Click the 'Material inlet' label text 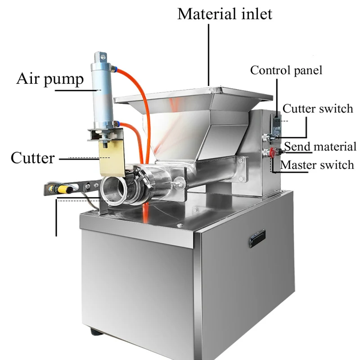225,13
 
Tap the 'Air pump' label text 50,79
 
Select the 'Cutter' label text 32,158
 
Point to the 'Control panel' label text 286,70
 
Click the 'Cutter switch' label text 318,108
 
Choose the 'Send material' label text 320,146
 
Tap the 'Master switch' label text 317,165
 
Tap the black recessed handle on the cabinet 256,238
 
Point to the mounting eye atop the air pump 99,57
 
